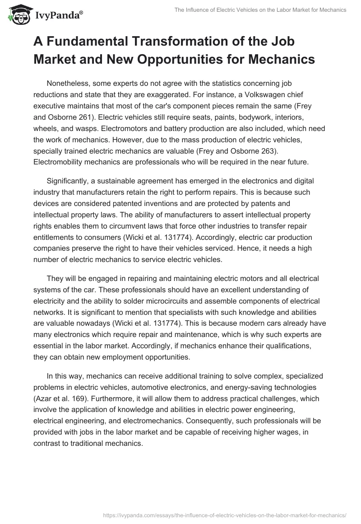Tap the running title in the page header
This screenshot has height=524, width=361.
(262, 10)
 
